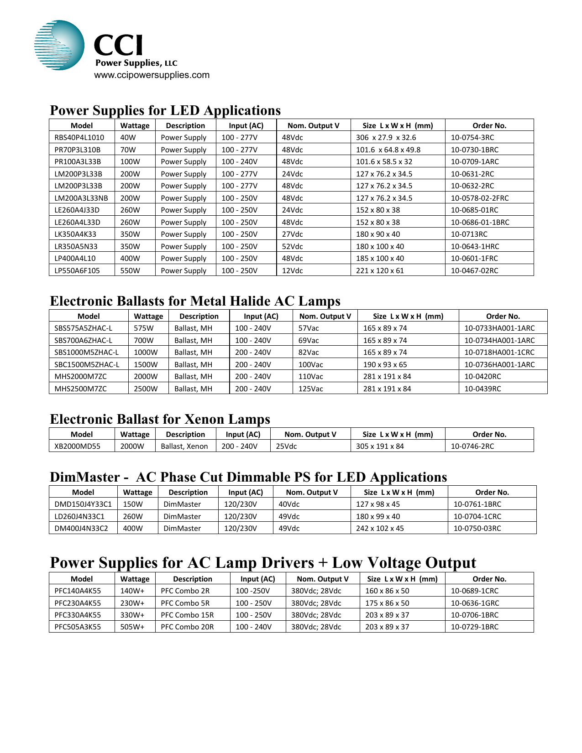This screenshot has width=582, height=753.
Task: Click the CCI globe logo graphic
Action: (59, 45)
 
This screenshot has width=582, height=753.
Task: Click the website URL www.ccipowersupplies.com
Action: (152, 75)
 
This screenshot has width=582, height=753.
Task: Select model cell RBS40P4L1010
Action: (79, 138)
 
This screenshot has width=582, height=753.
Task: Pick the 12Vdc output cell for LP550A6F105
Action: (292, 271)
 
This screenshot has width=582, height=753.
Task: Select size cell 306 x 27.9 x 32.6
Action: (386, 138)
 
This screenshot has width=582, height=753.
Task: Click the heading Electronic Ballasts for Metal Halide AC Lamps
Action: (195, 301)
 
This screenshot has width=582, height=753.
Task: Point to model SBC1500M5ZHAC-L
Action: (87, 365)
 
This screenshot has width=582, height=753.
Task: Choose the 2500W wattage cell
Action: (146, 389)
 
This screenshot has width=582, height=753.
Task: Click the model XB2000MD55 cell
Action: (77, 447)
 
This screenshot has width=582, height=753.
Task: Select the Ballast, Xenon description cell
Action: (184, 447)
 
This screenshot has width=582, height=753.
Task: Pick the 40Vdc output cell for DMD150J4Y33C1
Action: (289, 504)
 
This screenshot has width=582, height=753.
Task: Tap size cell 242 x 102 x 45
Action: (380, 529)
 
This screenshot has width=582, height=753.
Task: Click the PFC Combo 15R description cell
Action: (187, 615)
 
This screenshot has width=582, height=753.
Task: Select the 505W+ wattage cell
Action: (132, 627)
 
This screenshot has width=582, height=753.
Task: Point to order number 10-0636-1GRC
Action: (475, 603)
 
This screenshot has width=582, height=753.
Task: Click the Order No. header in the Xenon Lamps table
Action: (489, 435)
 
